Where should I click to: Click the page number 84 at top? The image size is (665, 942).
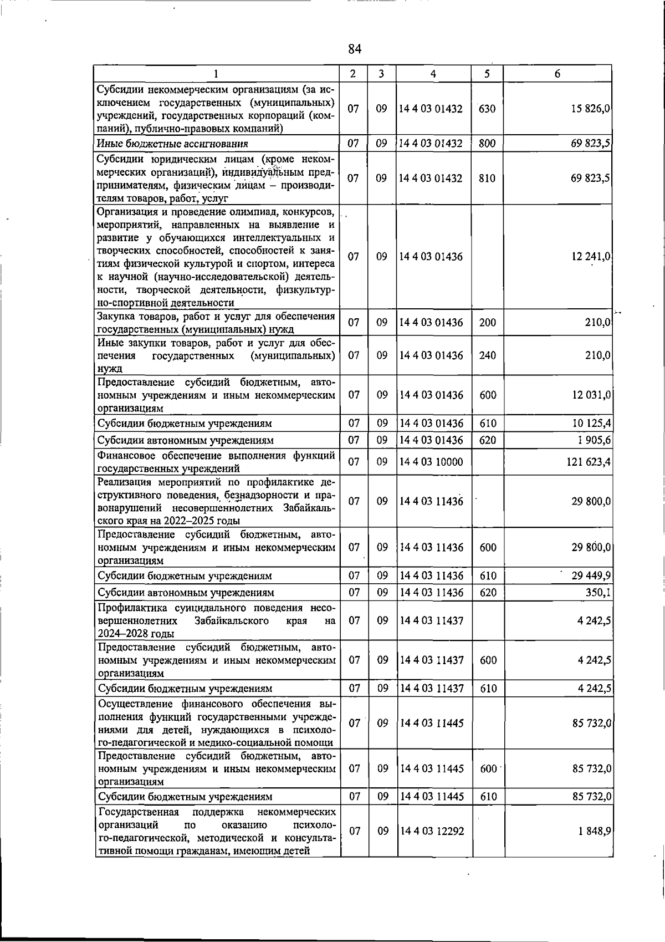355,49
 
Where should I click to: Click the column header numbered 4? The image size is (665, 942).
433,74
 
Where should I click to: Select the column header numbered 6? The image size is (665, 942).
557,74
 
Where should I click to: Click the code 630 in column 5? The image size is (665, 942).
487,109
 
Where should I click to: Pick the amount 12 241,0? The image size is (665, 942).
591,257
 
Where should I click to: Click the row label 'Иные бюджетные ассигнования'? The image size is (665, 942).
172,144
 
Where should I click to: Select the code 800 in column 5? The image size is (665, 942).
487,144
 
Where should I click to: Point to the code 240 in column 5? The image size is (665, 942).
487,355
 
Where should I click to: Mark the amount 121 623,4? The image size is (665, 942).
588,462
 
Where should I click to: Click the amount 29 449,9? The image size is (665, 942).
591,576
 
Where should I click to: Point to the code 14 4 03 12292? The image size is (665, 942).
432,832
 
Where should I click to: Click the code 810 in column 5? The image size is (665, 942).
487,179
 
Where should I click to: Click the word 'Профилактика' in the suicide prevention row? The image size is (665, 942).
131,608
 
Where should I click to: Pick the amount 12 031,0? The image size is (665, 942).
591,395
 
